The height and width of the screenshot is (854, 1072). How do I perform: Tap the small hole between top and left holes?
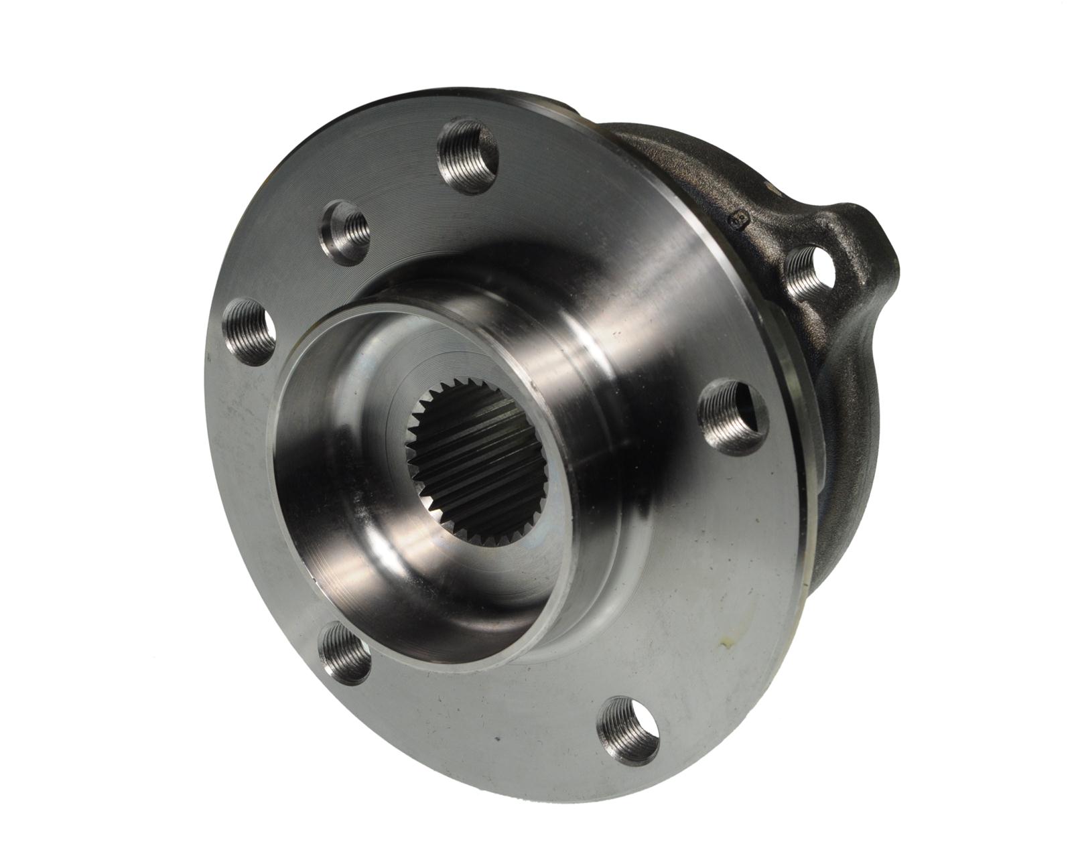(x=344, y=232)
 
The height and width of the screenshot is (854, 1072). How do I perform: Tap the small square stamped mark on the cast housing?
(x=740, y=218)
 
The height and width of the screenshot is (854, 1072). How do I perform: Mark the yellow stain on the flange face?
(x=725, y=645)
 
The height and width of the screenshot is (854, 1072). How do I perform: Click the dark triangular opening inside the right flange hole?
(x=754, y=415)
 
